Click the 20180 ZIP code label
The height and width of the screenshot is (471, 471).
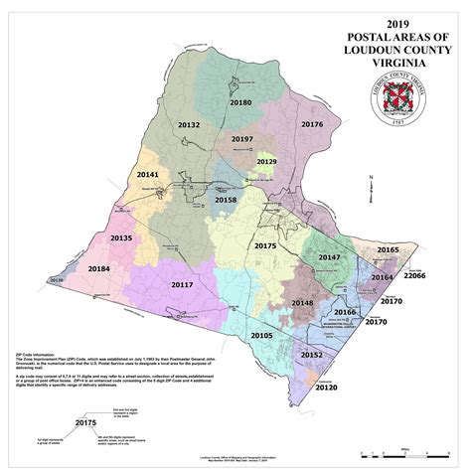[x=240, y=102]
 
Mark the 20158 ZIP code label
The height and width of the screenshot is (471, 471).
[x=226, y=200]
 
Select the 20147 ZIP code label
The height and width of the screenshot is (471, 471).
[x=330, y=256]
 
